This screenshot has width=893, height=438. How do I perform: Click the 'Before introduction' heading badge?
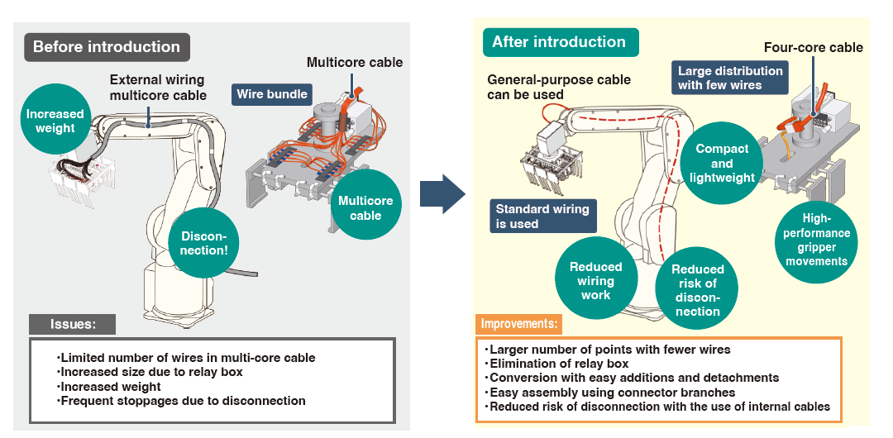click(x=107, y=47)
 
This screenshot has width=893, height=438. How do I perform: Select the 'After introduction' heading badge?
click(x=559, y=42)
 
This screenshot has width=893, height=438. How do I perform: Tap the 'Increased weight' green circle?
click(x=55, y=121)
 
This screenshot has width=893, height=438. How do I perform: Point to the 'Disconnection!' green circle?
click(x=203, y=242)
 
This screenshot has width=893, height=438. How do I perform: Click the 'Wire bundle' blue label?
click(x=272, y=94)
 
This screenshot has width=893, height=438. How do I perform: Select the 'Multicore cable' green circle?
click(x=365, y=208)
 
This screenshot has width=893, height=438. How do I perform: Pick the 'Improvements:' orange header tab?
click(x=519, y=324)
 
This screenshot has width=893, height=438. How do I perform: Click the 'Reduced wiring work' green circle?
click(x=595, y=280)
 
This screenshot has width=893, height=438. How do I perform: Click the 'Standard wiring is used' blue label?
click(x=542, y=217)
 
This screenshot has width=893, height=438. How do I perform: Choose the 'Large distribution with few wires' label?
click(x=730, y=79)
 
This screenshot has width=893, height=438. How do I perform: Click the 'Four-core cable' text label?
click(x=813, y=47)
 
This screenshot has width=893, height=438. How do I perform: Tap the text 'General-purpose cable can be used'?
click(x=558, y=88)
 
